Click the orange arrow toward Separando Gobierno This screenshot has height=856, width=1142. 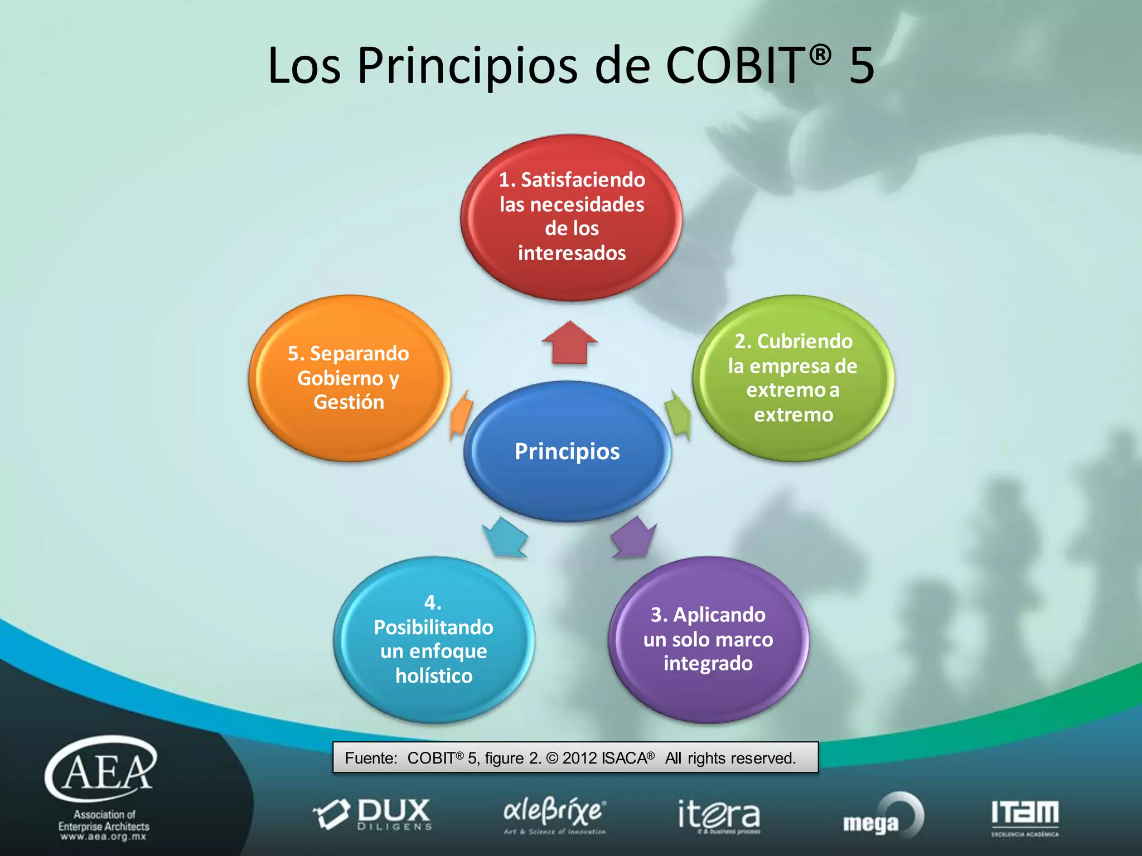[x=461, y=414]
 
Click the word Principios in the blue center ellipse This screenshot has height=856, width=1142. [x=567, y=451]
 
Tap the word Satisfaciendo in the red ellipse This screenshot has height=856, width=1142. [x=583, y=179]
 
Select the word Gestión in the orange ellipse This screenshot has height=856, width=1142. [x=349, y=402]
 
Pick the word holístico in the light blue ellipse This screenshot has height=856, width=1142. [x=434, y=676]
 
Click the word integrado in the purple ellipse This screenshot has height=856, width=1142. [x=708, y=664]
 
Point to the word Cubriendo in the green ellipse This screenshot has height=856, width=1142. [x=805, y=341]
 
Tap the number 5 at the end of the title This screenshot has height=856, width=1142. [x=861, y=65]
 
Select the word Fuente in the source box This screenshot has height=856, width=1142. [x=370, y=758]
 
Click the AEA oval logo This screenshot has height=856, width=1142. [x=101, y=769]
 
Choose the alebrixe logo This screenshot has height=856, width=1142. [x=554, y=815]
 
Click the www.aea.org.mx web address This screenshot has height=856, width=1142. [x=104, y=837]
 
